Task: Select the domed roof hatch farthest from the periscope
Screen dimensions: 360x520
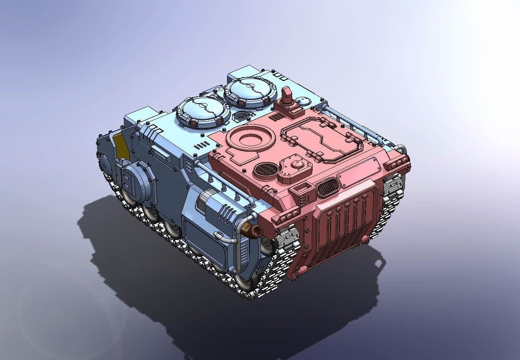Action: click(x=203, y=111)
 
